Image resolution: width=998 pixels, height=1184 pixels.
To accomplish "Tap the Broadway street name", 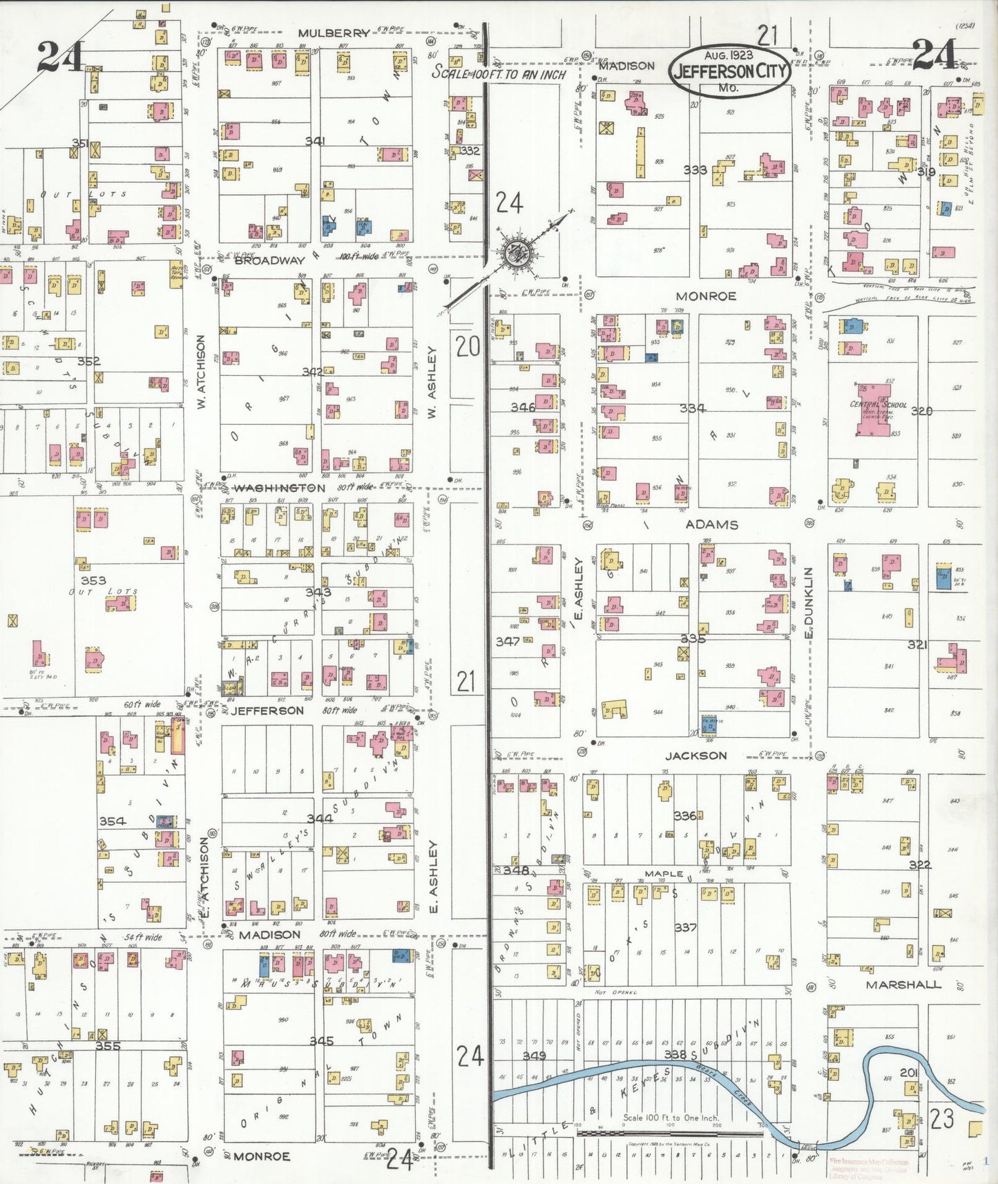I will point(269,260).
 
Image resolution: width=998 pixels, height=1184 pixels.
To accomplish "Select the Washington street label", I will point(279,488).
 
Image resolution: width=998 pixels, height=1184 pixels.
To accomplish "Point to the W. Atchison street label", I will point(201,372).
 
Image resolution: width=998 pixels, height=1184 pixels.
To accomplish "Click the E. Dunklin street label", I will point(809,602).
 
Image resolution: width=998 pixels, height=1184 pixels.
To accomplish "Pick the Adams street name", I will point(711,524).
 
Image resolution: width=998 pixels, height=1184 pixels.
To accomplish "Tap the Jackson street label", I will point(695,755).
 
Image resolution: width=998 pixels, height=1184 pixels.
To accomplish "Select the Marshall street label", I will point(903,984).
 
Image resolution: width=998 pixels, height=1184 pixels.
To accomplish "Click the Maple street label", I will point(664,874).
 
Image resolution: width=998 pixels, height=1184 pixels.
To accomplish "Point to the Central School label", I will point(878,405).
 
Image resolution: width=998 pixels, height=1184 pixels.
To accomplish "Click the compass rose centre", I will point(515,252).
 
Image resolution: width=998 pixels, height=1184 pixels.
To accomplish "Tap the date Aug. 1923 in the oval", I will point(729,55).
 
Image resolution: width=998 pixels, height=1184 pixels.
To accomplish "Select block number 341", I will point(315,141).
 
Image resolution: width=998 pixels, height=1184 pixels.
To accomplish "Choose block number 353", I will point(93,580).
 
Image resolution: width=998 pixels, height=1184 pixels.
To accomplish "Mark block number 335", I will point(693,639).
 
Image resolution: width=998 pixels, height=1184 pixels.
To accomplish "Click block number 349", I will point(534,1056).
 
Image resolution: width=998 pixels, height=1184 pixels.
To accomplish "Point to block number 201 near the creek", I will point(908,1073).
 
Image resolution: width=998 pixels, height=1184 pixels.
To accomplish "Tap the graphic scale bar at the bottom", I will point(670,1133).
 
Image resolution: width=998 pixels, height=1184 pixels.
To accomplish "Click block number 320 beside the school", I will point(921,411).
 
